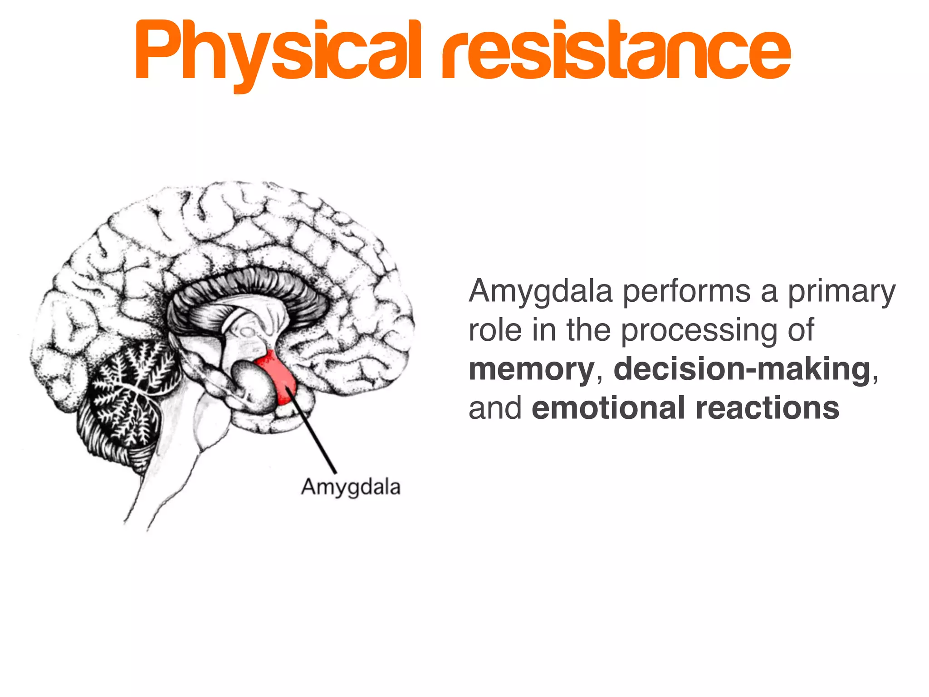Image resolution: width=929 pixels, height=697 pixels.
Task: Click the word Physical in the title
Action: pos(278,52)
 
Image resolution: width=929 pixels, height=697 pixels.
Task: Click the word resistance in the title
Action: pos(616,52)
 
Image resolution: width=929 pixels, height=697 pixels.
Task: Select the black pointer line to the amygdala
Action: pos(313,431)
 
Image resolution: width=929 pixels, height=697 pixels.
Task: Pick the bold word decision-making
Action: pos(742,370)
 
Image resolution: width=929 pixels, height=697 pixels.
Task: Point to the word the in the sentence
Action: pos(588,330)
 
